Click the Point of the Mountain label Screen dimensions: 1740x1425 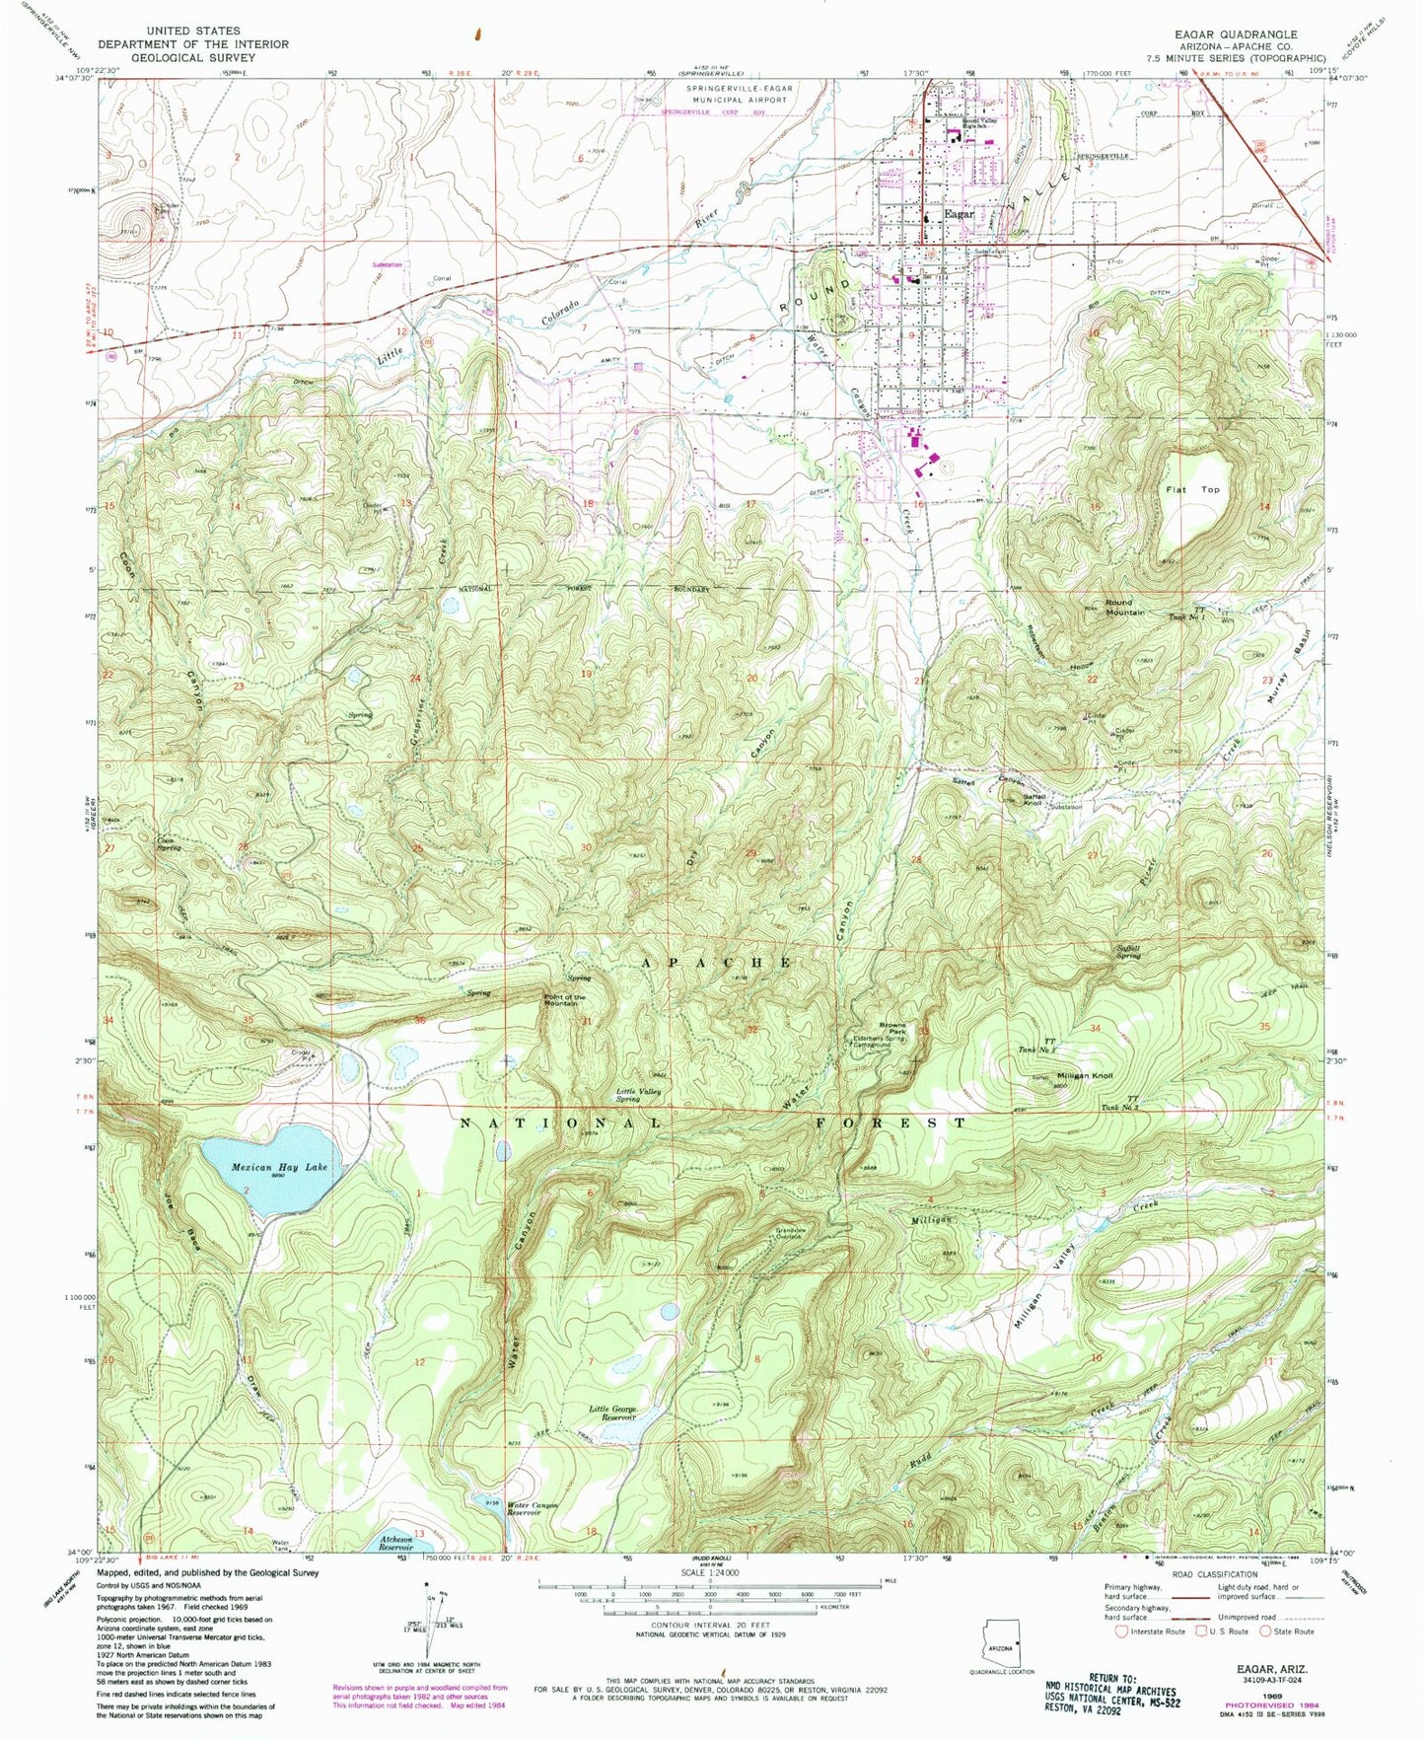point(565,999)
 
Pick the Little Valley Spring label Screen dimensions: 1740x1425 point(638,1095)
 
